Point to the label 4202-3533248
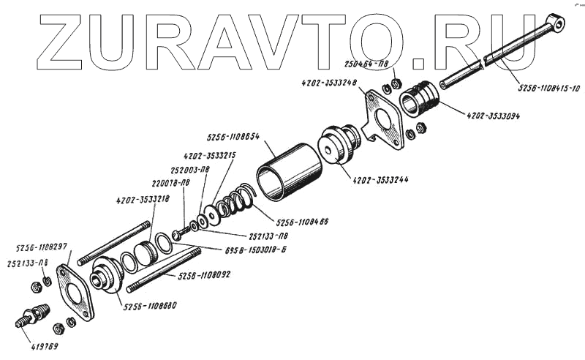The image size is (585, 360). [328, 83]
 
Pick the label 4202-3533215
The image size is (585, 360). [209, 156]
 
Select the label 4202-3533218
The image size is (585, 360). [143, 198]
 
